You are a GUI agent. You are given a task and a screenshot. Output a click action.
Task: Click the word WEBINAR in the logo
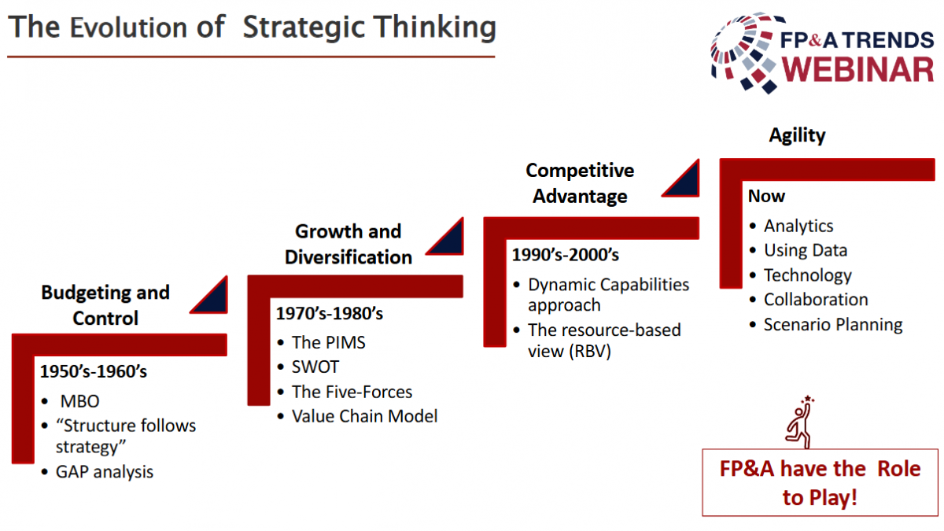pos(858,69)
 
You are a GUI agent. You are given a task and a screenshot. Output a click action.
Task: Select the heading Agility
pos(797,135)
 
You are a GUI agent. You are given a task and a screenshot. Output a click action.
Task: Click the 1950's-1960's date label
pos(94,371)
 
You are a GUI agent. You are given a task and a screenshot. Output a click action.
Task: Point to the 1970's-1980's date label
pos(330,313)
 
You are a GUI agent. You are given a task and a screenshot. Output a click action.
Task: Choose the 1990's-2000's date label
pos(566,255)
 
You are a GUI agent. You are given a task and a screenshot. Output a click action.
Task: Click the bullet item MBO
pos(79,401)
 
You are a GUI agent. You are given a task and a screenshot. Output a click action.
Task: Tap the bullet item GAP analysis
pos(105,472)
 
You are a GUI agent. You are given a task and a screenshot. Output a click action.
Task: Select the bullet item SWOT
pos(315,367)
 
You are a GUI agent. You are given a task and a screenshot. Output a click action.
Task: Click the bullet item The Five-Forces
pos(352,392)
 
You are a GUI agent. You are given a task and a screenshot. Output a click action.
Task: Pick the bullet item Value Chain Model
pos(364,416)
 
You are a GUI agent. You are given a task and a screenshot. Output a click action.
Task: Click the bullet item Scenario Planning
pos(833,325)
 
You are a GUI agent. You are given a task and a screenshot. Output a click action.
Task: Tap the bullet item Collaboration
pos(816,300)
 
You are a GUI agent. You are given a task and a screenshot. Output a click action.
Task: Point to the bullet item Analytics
pos(798,227)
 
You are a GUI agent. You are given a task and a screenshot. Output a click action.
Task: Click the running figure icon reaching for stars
pos(799,422)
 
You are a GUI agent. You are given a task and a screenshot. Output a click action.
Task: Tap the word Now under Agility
pos(766,197)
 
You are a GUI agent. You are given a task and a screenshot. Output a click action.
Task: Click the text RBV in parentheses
pos(590,351)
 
